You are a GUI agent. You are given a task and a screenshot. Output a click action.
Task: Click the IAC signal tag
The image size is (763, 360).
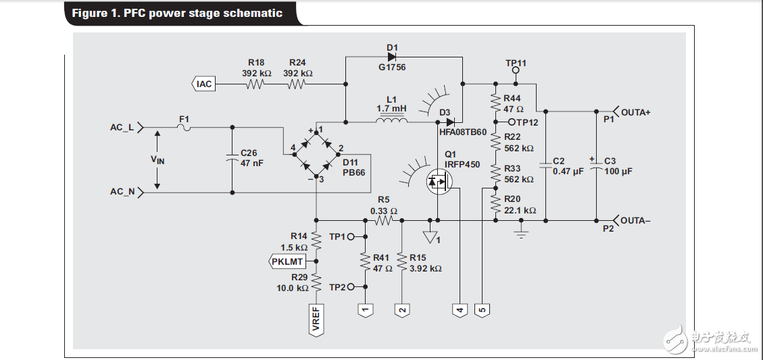203,84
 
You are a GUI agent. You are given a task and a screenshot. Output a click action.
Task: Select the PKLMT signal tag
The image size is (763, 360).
287,261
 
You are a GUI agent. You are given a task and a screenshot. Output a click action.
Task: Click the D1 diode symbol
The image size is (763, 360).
392,57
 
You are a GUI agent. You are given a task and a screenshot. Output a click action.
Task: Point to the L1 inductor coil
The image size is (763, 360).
392,122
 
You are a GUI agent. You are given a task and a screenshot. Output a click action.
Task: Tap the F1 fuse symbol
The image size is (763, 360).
184,127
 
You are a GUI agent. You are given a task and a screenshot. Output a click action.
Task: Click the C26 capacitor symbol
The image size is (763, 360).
232,160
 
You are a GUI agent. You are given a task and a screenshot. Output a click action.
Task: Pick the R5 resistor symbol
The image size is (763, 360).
384,220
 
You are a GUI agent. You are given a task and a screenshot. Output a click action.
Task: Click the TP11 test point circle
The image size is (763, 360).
516,70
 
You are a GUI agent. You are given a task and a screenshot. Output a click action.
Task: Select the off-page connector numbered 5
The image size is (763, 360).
482,309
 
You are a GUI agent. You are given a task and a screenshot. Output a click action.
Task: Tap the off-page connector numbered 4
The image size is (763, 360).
460,309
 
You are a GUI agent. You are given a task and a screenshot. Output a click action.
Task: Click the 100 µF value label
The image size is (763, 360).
618,172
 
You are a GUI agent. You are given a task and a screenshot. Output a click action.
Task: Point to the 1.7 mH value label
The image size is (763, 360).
392,109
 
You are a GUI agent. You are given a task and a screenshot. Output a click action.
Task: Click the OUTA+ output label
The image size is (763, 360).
635,113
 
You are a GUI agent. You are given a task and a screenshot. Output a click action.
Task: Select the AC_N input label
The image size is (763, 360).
122,192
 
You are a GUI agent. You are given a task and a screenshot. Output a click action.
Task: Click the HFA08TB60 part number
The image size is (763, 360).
463,132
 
